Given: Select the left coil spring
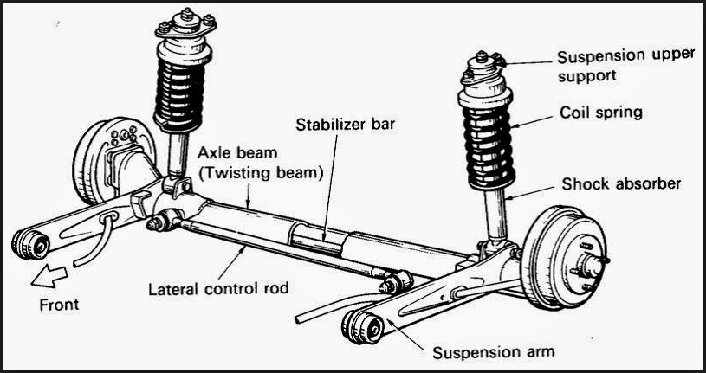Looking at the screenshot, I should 183,87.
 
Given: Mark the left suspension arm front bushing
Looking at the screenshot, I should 31,244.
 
